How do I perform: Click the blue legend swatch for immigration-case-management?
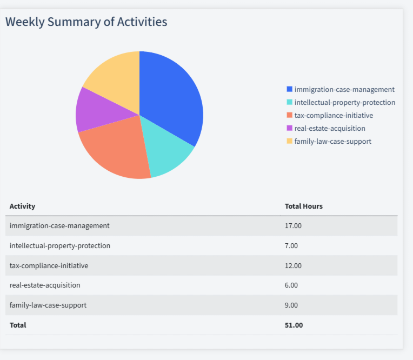(x=289, y=89)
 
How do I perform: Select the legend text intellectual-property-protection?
(x=344, y=102)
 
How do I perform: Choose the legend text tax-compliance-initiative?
(x=334, y=115)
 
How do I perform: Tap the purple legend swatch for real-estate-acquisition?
(x=289, y=128)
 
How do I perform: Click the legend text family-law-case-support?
(x=332, y=141)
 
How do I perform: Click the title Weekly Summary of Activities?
(x=86, y=22)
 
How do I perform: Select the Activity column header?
(x=22, y=206)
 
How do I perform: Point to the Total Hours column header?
(x=303, y=206)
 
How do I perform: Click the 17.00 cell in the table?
(x=293, y=225)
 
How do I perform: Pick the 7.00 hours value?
(x=291, y=245)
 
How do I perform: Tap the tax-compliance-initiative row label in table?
(x=49, y=265)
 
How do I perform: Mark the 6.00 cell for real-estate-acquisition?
(x=291, y=285)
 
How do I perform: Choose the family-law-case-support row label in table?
(x=48, y=305)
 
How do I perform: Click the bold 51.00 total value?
(x=294, y=325)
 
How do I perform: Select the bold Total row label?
(x=18, y=325)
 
